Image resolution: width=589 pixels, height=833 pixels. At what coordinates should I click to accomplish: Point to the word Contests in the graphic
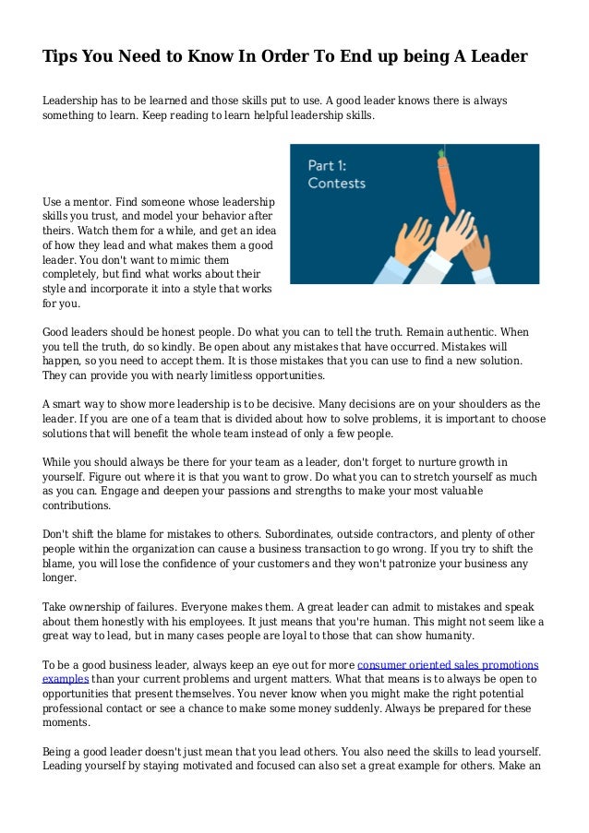[x=337, y=184]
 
